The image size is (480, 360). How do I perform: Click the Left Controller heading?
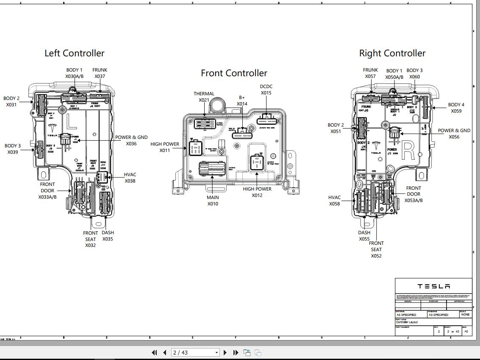[x=75, y=53]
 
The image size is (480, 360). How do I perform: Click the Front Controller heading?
[x=234, y=73]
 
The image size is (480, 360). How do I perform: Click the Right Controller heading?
[x=392, y=53]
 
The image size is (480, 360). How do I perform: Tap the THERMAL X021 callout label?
[x=204, y=97]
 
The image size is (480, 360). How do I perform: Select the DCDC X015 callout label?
[x=266, y=90]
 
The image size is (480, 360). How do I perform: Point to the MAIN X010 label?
[x=213, y=201]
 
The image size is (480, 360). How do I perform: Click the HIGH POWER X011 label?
[x=165, y=147]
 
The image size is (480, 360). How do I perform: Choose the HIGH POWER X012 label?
[x=257, y=192]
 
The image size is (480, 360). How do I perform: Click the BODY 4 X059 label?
[x=456, y=108]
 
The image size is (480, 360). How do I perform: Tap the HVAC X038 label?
[x=130, y=178]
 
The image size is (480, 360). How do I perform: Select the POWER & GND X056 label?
[x=454, y=134]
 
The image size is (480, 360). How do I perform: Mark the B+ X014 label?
[x=242, y=101]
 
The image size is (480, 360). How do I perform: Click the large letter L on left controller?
[x=72, y=122]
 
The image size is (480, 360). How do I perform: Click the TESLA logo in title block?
[x=433, y=286]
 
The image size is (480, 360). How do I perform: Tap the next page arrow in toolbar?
[x=225, y=352]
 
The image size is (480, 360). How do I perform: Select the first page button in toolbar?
[x=154, y=352]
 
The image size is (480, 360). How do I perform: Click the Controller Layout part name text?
[x=407, y=322]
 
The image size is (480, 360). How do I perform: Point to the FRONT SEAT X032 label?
[x=90, y=239]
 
